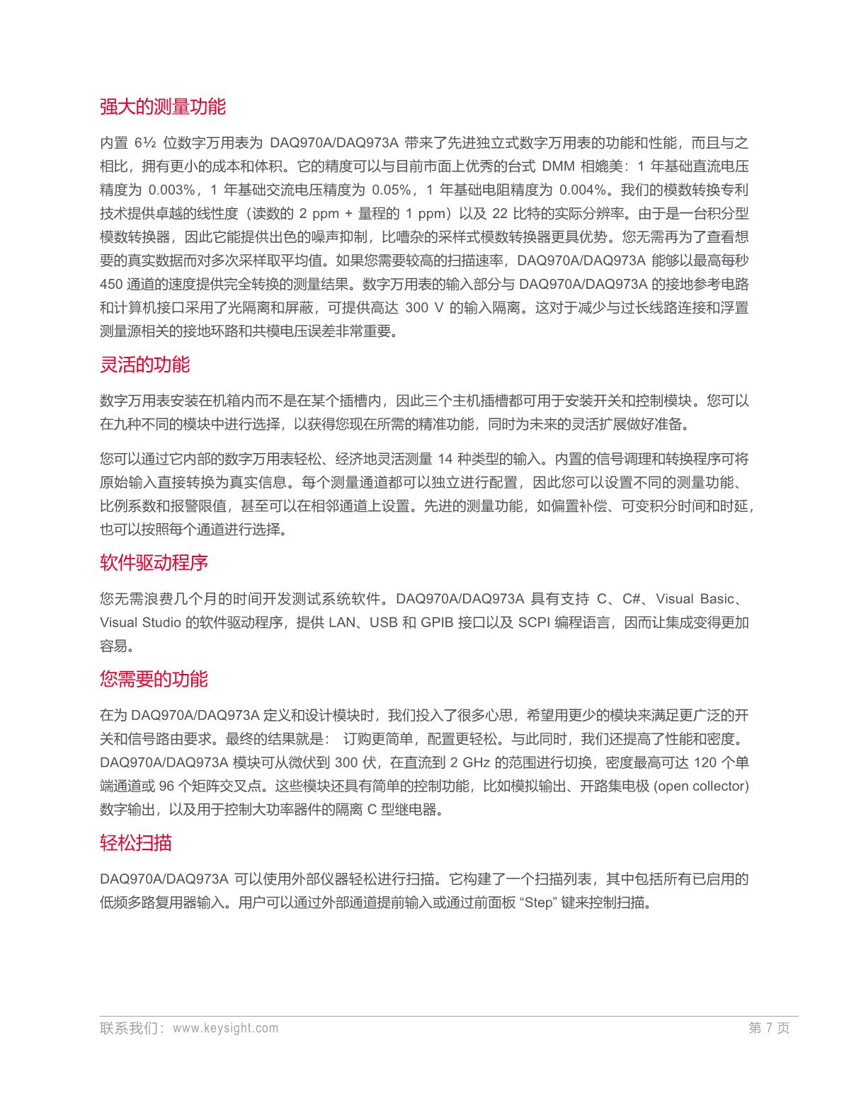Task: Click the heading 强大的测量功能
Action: click(x=163, y=107)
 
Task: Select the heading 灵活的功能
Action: click(x=145, y=365)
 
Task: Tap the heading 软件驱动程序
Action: click(x=154, y=563)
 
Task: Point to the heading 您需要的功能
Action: click(x=154, y=679)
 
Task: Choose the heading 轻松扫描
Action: click(x=136, y=842)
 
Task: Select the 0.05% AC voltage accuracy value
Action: click(x=391, y=190)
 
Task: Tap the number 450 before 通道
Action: click(x=111, y=284)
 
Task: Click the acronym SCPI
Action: click(x=535, y=622)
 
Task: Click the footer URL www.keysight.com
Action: click(x=225, y=1028)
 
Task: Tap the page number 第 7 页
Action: click(x=768, y=1028)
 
